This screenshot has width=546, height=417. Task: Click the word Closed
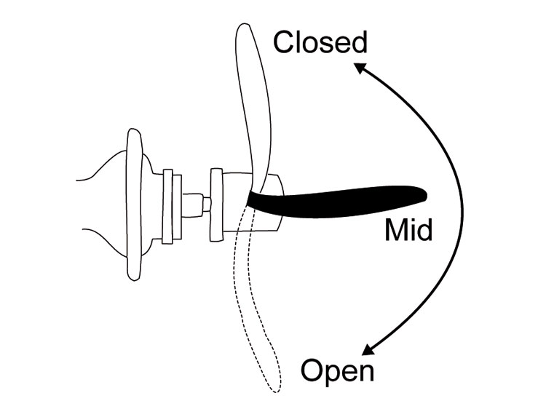(x=320, y=43)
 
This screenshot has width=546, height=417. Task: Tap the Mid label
(x=408, y=231)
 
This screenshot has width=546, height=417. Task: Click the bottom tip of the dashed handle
(x=274, y=390)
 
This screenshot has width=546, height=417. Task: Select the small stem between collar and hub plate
(x=197, y=204)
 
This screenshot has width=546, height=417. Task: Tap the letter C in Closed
(x=284, y=43)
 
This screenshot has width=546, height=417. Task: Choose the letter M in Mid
(x=395, y=231)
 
